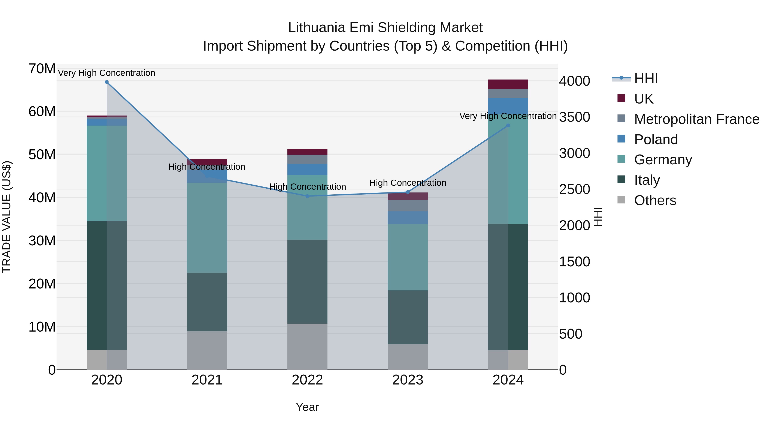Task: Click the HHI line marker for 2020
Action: pyautogui.click(x=107, y=82)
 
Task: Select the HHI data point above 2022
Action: pyautogui.click(x=307, y=196)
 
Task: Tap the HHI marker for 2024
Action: pyautogui.click(x=508, y=126)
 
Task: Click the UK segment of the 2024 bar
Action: pyautogui.click(x=508, y=84)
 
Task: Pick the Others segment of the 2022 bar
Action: pyautogui.click(x=307, y=346)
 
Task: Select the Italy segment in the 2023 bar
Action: pyautogui.click(x=408, y=317)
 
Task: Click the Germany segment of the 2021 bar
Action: pyautogui.click(x=207, y=228)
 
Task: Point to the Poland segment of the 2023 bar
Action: pyautogui.click(x=408, y=218)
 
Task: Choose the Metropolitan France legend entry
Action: pyautogui.click(x=696, y=119)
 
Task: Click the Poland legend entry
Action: pyautogui.click(x=656, y=140)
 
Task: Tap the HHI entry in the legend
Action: pyautogui.click(x=646, y=78)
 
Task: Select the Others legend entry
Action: pyautogui.click(x=655, y=200)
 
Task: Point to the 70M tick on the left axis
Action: pyautogui.click(x=42, y=69)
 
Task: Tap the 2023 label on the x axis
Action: pyautogui.click(x=408, y=380)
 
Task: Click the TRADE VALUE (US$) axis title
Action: pyautogui.click(x=7, y=217)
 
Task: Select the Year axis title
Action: pyautogui.click(x=307, y=407)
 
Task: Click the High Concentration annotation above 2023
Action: pyautogui.click(x=408, y=183)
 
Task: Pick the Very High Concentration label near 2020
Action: pyautogui.click(x=107, y=73)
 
